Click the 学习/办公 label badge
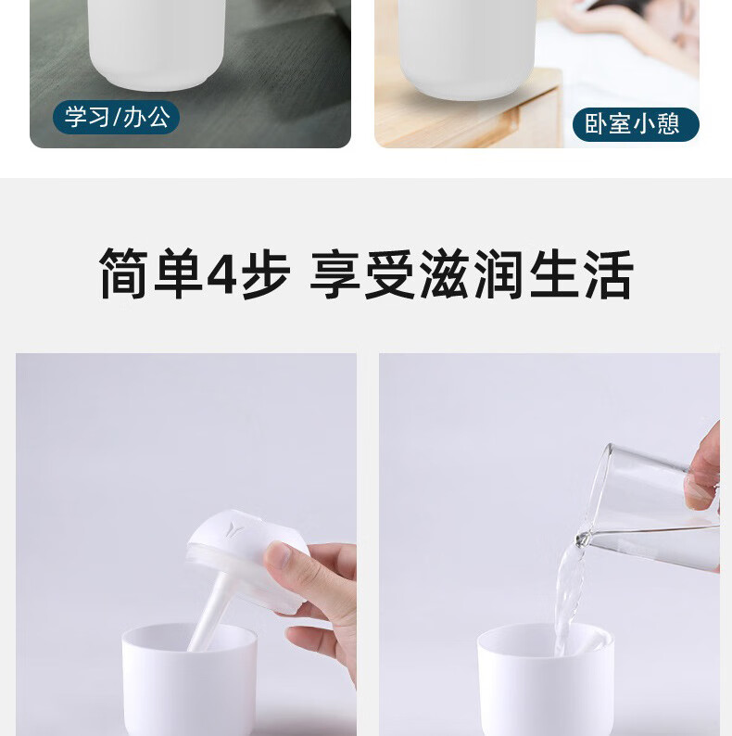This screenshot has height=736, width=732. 116,117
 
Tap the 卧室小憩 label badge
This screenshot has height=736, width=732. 636,124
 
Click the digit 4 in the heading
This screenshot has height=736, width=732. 221,274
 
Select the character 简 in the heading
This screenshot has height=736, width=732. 124,273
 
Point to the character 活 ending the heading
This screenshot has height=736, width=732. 609,273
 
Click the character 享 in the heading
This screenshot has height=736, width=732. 335,273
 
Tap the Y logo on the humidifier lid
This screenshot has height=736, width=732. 233,529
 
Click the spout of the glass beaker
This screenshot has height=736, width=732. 583,539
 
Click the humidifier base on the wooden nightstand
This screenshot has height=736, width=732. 467,47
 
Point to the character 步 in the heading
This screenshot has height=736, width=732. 266,273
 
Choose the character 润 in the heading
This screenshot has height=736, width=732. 499,273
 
